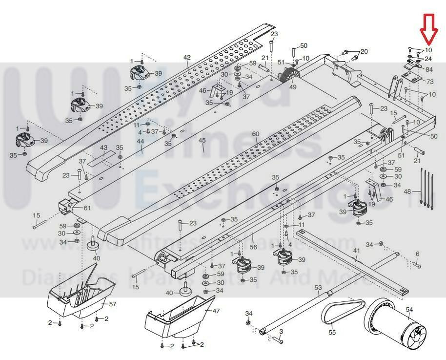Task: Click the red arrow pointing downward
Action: tap(430, 28)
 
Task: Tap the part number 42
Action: tap(187, 57)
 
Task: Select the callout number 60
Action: tap(256, 134)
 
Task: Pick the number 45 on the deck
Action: tap(202, 141)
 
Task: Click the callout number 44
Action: tap(141, 142)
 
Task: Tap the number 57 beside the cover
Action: tap(113, 304)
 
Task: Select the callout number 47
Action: tap(216, 311)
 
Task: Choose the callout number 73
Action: tap(429, 81)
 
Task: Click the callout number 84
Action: tap(429, 69)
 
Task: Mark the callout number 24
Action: tap(428, 59)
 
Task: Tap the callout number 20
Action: tap(364, 51)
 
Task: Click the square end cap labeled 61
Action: tap(64, 207)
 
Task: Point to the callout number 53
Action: tap(319, 287)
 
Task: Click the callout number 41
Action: tap(357, 251)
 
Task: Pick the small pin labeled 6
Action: tap(417, 265)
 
